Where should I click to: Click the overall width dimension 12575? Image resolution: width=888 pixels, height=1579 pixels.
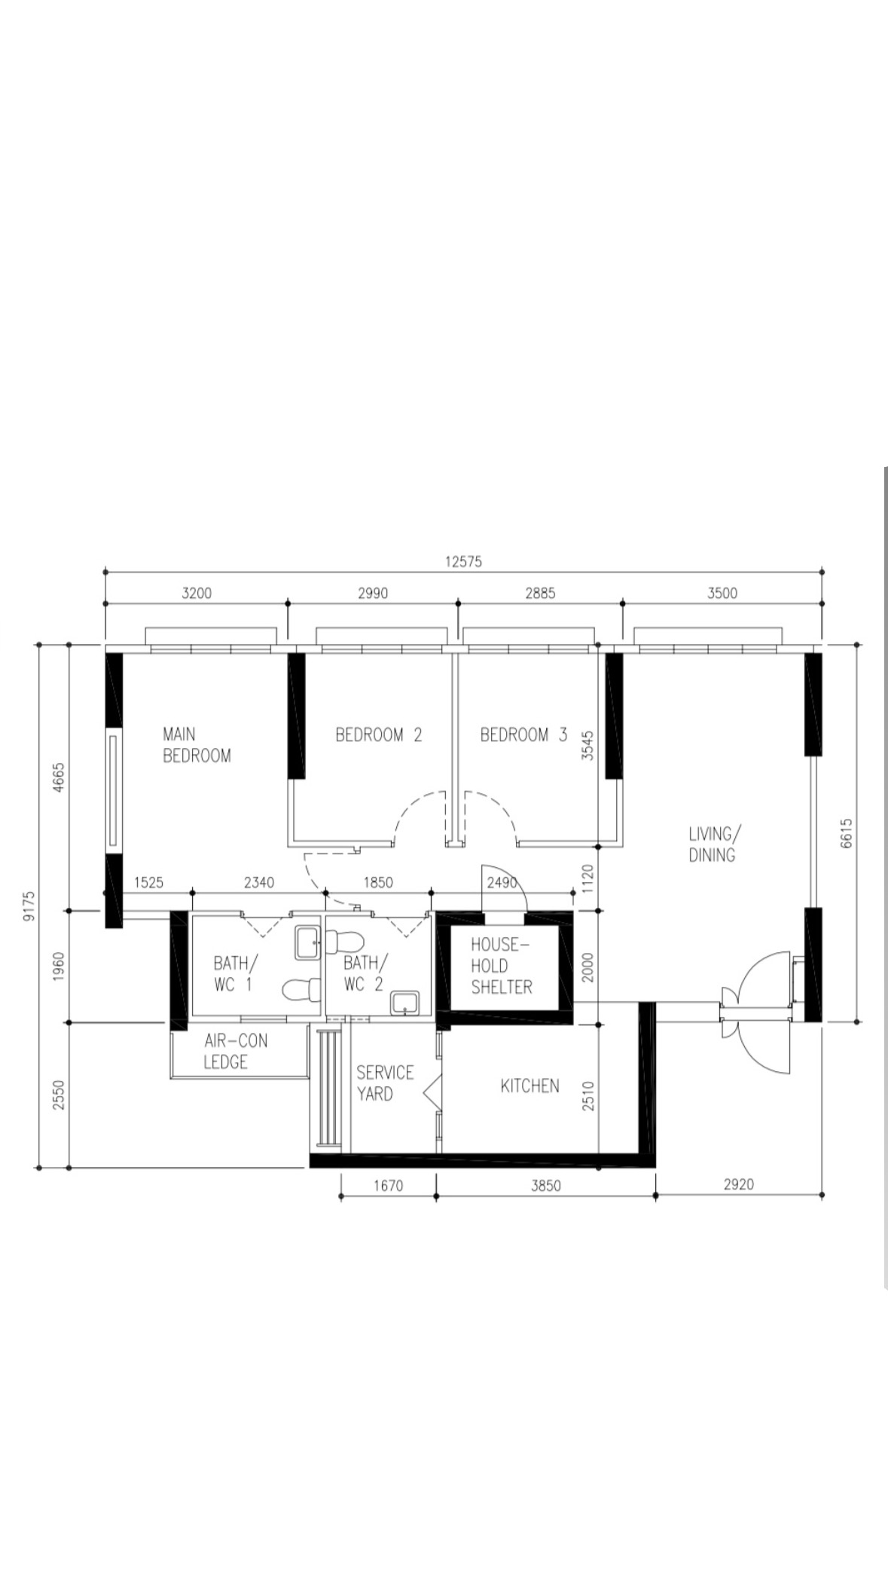(x=463, y=561)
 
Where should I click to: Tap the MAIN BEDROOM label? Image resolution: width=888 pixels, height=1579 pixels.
(x=197, y=744)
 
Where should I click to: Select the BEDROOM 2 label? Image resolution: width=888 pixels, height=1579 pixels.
(x=378, y=734)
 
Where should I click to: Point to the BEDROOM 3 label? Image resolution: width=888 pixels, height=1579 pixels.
(x=523, y=734)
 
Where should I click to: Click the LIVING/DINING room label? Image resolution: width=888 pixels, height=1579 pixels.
(x=713, y=844)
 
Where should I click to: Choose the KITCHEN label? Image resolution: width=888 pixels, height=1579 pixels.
(x=529, y=1086)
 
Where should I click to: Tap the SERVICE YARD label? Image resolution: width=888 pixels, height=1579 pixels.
(x=384, y=1083)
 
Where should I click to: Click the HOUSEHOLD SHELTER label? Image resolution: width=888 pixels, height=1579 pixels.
(x=501, y=966)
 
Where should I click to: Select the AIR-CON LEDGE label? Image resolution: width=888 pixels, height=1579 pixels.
(x=235, y=1051)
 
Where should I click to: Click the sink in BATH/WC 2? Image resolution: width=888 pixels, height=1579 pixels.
(x=405, y=1003)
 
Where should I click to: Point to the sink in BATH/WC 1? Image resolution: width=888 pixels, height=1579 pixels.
(x=307, y=942)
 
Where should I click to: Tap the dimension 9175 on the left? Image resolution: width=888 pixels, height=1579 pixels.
(x=29, y=906)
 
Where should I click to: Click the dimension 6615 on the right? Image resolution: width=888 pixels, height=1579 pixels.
(x=847, y=833)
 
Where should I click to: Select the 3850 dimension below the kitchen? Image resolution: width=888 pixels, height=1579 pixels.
(x=545, y=1185)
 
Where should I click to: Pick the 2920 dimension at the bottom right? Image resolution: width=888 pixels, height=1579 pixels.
(x=738, y=1184)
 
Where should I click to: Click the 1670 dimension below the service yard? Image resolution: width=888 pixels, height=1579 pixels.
(x=388, y=1185)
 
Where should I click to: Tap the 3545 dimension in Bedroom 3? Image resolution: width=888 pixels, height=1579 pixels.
(x=587, y=745)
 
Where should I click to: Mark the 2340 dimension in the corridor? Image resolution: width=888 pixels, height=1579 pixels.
(x=259, y=882)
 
